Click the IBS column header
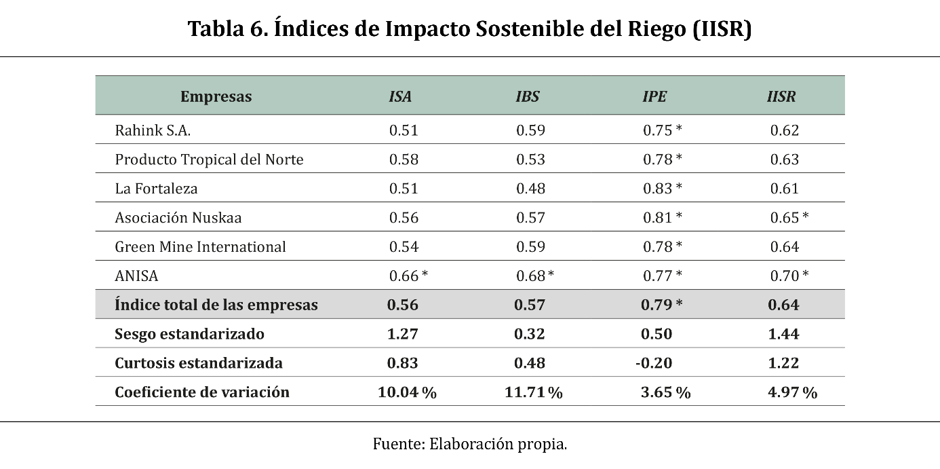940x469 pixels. point(528,96)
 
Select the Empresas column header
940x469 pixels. point(216,97)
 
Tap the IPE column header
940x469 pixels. point(654,96)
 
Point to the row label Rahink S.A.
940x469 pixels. point(153,130)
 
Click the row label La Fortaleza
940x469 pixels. point(156,189)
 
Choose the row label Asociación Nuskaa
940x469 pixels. point(178,217)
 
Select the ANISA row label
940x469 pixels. point(136,276)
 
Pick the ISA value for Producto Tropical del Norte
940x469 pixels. point(404,160)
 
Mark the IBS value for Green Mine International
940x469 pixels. point(531,246)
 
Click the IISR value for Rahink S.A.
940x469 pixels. point(784,130)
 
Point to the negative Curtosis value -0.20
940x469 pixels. point(654,362)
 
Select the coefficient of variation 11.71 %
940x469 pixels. point(533,392)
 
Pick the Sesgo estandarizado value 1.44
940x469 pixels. point(783,334)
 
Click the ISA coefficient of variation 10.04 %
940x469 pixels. point(407,392)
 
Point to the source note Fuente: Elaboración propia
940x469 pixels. point(470,444)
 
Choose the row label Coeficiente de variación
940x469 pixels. point(202,392)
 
